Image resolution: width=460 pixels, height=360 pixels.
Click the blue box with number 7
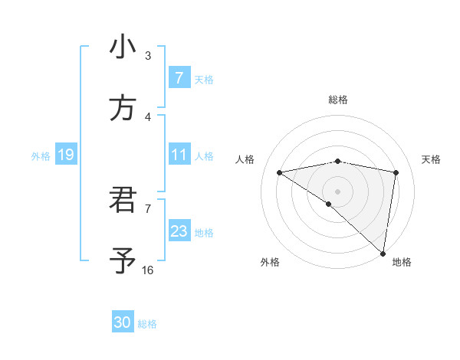point(179,78)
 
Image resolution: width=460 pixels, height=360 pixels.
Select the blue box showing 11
point(179,155)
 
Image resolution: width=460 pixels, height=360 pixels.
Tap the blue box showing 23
point(179,231)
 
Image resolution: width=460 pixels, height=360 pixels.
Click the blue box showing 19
point(65,155)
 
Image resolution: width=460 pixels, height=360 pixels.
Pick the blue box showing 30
point(123,322)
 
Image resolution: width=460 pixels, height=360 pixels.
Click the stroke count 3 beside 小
point(148,55)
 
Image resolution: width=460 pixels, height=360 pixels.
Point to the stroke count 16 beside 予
point(148,270)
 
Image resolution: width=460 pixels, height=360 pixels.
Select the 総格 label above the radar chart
point(338,100)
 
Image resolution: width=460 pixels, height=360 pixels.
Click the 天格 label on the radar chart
point(431,159)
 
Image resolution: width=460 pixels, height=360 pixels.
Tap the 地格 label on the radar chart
point(402,262)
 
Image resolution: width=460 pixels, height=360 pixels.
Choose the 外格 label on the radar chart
point(270,262)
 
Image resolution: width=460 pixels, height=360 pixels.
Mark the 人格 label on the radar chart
point(245,159)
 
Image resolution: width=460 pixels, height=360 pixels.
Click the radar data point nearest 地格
point(383,253)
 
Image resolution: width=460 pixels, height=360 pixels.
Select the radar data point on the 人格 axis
point(280,172)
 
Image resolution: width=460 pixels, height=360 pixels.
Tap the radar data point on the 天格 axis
point(396,172)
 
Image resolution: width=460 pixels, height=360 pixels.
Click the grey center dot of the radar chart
point(338,191)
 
